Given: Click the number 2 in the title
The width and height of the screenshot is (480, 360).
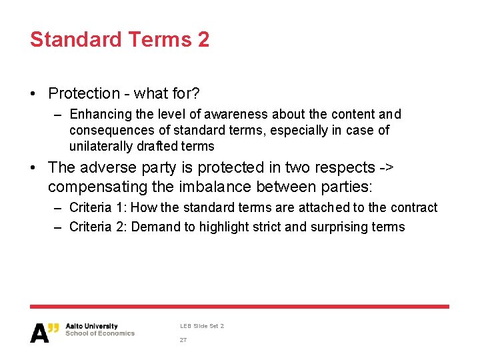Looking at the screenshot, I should (203, 39).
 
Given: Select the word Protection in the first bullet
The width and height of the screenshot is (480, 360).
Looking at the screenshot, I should (84, 93).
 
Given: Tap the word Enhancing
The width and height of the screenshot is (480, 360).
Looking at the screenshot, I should (100, 115).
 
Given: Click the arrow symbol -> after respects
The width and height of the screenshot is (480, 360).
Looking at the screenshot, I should (387, 167).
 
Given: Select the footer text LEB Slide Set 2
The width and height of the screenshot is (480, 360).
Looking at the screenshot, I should (202, 326).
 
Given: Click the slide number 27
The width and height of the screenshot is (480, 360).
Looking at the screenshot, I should (183, 340).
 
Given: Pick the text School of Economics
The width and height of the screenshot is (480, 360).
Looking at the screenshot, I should (100, 333).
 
